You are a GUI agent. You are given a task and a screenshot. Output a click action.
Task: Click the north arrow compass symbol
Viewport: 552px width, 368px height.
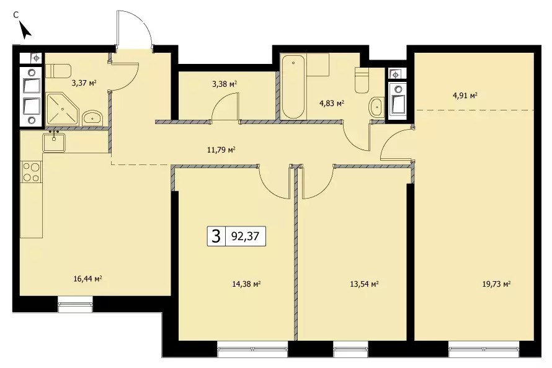click(x=25, y=30)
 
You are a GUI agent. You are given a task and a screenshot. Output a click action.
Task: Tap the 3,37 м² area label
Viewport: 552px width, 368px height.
click(x=84, y=83)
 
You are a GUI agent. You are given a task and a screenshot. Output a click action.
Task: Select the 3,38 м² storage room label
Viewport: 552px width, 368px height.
click(x=225, y=84)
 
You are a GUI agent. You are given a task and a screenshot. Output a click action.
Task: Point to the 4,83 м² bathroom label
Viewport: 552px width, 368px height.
click(x=331, y=104)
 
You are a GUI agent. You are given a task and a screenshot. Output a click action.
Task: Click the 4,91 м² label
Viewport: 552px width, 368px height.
click(x=465, y=96)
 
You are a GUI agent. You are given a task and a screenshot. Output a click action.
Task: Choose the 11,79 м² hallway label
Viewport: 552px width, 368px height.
click(x=221, y=150)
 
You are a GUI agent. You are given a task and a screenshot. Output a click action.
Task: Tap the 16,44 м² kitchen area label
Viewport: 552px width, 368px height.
click(x=88, y=279)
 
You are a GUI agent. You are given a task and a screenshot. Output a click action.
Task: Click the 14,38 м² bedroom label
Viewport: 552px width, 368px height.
click(x=246, y=284)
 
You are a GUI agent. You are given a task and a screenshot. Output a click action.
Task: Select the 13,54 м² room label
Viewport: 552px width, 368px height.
click(x=364, y=284)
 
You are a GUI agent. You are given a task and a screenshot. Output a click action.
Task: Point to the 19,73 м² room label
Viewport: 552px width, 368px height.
click(x=496, y=284)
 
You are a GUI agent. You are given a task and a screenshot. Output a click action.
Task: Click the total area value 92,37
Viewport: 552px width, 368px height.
click(x=245, y=236)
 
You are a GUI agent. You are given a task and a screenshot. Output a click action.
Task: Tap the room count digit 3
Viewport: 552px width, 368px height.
click(x=216, y=236)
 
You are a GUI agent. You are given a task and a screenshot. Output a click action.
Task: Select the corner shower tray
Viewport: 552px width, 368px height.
click(x=61, y=109)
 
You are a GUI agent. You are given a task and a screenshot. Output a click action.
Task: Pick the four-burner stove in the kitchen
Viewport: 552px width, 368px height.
click(x=32, y=172)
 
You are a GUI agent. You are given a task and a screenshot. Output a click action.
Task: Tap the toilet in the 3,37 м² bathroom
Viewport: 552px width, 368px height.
click(x=58, y=71)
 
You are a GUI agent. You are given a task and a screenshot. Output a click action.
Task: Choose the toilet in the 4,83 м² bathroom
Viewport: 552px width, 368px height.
click(x=362, y=80)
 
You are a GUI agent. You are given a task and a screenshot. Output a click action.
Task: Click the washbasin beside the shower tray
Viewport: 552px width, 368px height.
click(x=92, y=118)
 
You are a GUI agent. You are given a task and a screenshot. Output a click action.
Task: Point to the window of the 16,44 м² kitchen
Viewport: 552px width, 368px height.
click(x=75, y=304)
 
